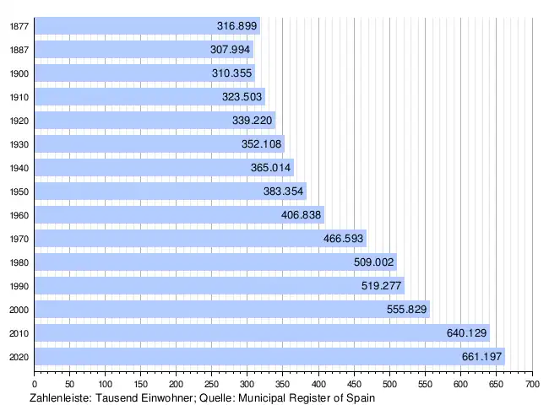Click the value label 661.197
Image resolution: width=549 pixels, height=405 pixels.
click(482, 357)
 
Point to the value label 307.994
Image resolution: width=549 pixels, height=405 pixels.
click(231, 50)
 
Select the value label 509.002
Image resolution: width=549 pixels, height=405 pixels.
click(374, 262)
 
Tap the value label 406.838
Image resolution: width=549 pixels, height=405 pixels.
click(302, 215)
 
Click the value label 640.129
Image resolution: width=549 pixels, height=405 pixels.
click(467, 333)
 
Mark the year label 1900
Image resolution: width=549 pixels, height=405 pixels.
click(17, 73)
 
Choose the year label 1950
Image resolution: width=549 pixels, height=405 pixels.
click(17, 192)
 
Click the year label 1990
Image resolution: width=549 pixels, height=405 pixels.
click(17, 286)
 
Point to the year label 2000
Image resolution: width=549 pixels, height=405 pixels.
click(17, 310)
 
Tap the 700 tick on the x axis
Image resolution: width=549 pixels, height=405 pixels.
click(532, 384)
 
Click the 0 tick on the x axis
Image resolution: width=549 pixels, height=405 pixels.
click(34, 384)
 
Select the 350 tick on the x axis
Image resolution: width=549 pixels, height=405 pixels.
click(283, 384)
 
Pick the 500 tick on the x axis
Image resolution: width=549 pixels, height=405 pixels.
click(389, 384)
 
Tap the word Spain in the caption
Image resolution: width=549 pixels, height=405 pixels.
click(358, 397)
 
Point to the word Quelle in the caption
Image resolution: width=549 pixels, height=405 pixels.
click(216, 397)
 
